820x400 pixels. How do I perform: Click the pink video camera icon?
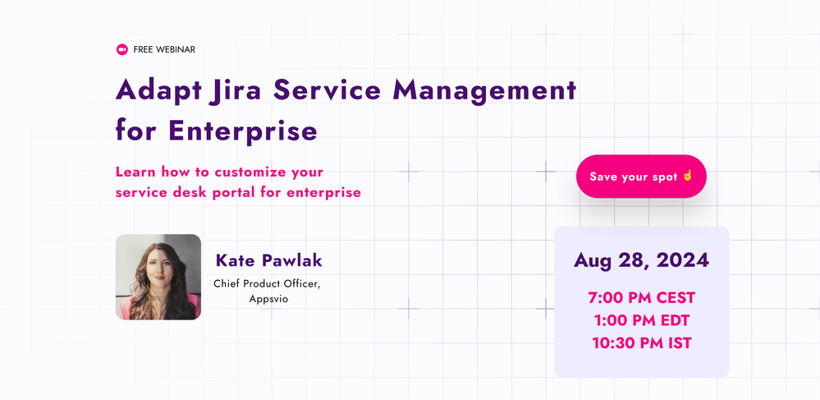[121, 50]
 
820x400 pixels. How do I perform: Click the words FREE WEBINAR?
[164, 50]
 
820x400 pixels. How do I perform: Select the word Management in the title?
[484, 91]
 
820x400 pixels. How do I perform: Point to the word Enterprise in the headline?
[243, 131]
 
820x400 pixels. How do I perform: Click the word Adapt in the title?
[158, 91]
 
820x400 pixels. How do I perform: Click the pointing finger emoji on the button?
[687, 176]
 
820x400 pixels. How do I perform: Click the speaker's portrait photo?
[158, 277]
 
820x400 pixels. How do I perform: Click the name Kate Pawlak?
[268, 260]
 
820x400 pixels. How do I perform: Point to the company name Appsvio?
[268, 300]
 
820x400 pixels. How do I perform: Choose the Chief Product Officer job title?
[267, 283]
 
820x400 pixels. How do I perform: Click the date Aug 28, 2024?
[642, 260]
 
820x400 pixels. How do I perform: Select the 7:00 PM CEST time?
[642, 298]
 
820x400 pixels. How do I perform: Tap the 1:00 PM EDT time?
[642, 320]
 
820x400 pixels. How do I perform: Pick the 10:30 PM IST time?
[642, 343]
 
